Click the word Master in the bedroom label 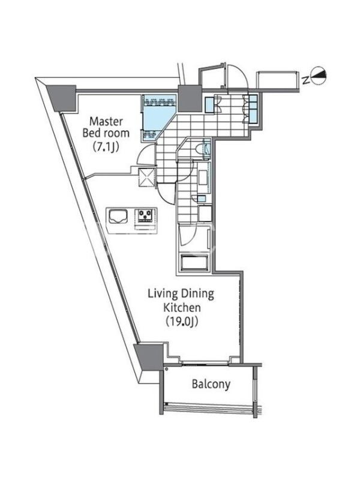point(106,122)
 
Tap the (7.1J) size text point(106,147)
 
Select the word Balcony point(211,384)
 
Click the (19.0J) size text point(181,321)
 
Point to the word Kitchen point(182,307)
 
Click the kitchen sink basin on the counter point(119,217)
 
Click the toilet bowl point(200,149)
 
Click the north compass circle point(319,76)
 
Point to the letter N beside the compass point(305,80)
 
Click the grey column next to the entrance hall point(190,98)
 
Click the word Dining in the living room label point(198,294)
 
